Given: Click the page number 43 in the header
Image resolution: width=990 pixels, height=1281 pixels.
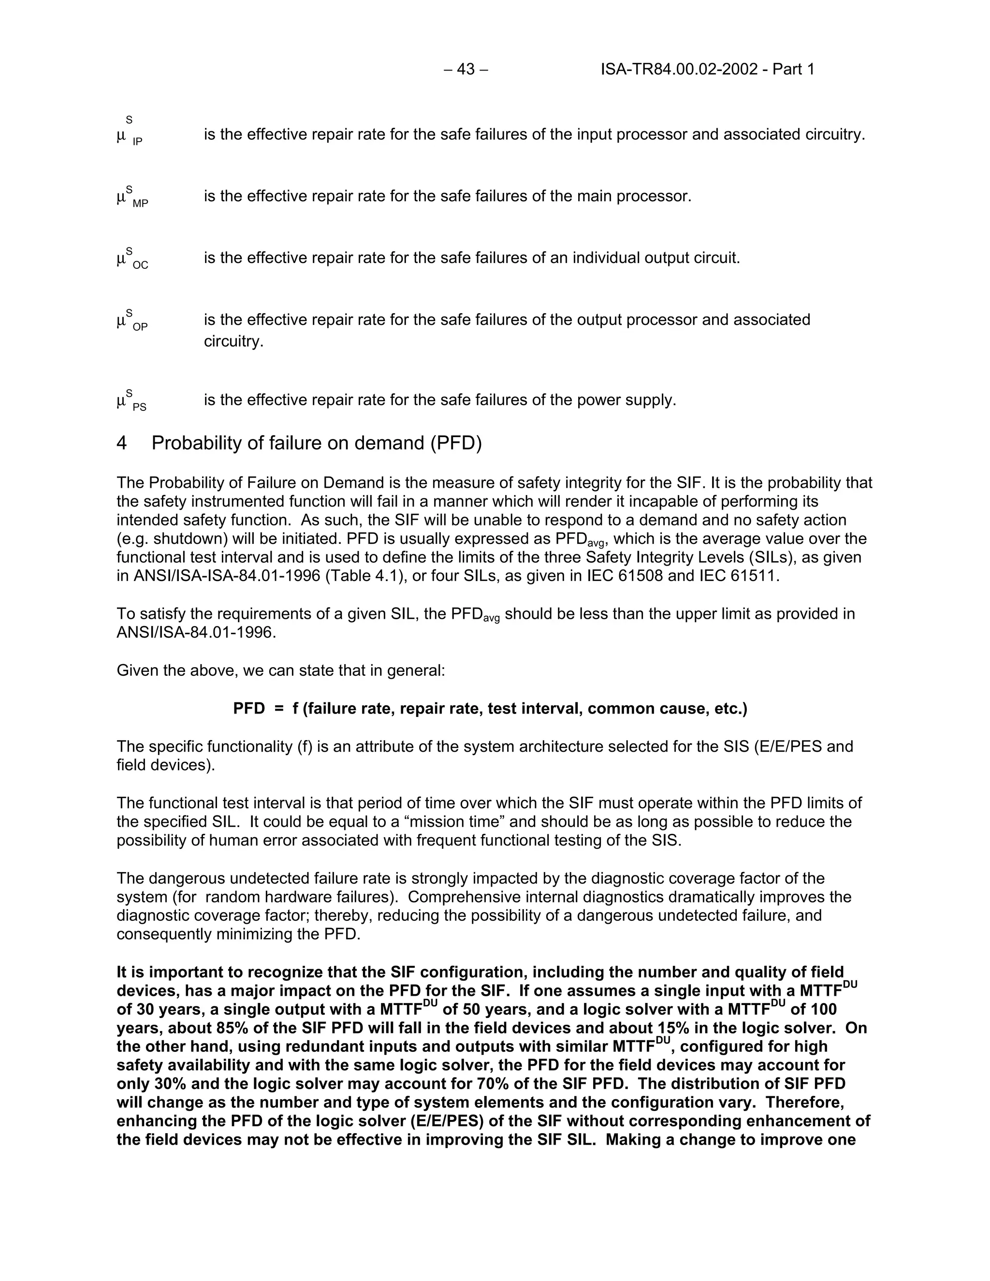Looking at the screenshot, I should [x=466, y=70].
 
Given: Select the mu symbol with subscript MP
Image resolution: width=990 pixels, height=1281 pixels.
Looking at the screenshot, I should [x=121, y=197].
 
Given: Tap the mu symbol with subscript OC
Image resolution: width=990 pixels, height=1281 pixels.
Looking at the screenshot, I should [x=121, y=259].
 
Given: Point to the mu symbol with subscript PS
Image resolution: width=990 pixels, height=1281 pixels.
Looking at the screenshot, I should [x=121, y=401].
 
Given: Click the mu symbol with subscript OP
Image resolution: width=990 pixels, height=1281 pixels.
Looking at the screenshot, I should [x=121, y=321].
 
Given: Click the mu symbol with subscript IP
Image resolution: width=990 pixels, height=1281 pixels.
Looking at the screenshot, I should [x=121, y=136].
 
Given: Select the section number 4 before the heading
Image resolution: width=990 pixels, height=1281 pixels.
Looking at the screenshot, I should [x=121, y=443].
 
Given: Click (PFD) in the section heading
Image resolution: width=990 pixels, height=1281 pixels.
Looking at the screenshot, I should [x=456, y=443].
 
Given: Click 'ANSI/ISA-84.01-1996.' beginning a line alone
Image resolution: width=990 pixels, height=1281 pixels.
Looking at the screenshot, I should [x=196, y=633].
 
